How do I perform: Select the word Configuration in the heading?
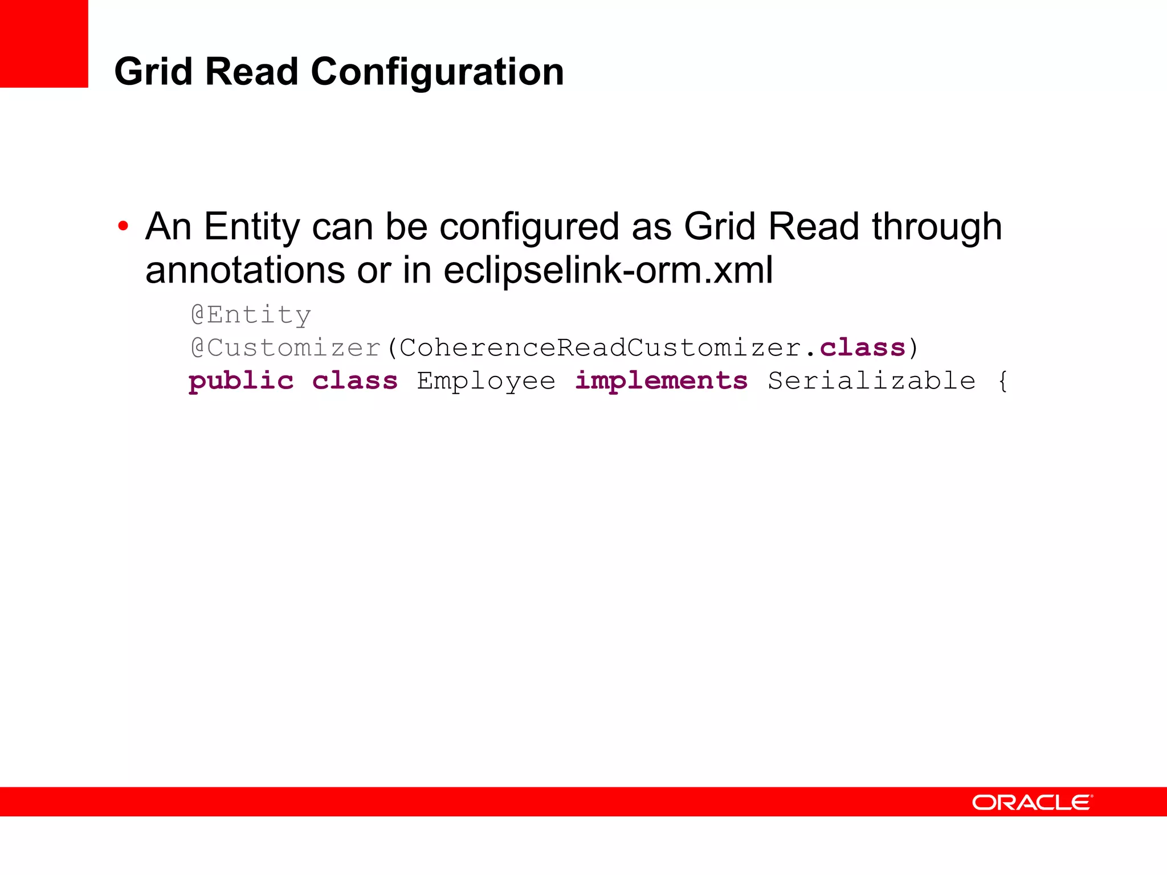pyautogui.click(x=437, y=73)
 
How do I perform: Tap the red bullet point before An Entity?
pyautogui.click(x=123, y=227)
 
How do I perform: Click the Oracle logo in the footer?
pyautogui.click(x=1032, y=803)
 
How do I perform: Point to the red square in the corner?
pyautogui.click(x=44, y=44)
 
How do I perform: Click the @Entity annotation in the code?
pyautogui.click(x=251, y=315)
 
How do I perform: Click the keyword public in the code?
pyautogui.click(x=241, y=381)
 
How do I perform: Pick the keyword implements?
pyautogui.click(x=661, y=381)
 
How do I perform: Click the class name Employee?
pyautogui.click(x=486, y=381)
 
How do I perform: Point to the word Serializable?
pyautogui.click(x=871, y=381)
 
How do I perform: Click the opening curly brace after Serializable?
pyautogui.click(x=1003, y=381)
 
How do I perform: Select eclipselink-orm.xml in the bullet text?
pyautogui.click(x=608, y=270)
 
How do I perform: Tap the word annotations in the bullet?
pyautogui.click(x=245, y=270)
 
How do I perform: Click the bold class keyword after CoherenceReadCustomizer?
pyautogui.click(x=862, y=348)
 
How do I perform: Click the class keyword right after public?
pyautogui.click(x=354, y=381)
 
